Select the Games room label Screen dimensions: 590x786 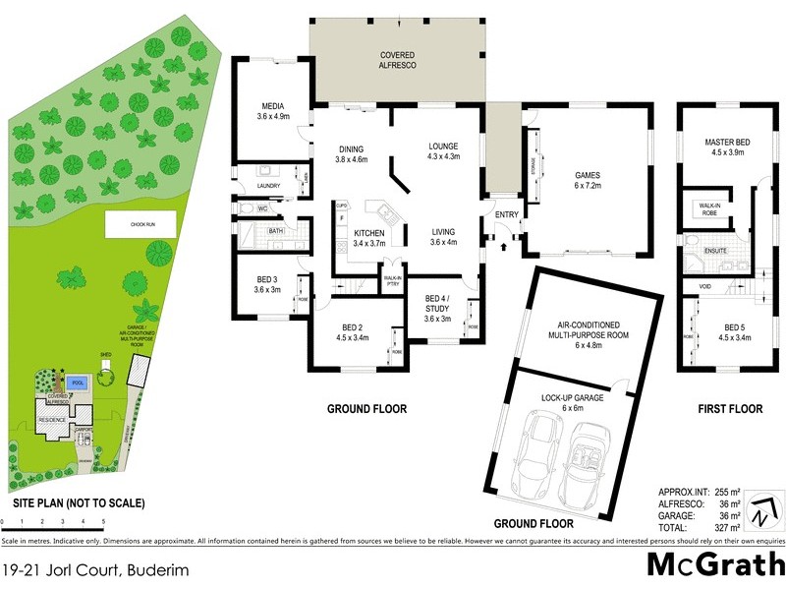tap(588, 180)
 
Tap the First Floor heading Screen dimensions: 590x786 tap(730, 408)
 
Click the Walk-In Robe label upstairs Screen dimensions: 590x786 tap(708, 207)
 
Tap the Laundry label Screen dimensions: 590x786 tap(267, 184)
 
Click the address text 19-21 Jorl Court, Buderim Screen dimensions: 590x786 tap(95, 569)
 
